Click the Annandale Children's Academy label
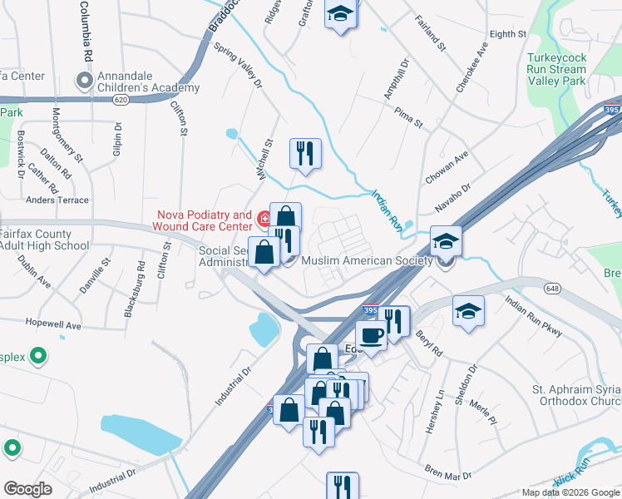point(149,82)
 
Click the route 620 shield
point(121,99)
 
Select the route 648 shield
point(551,288)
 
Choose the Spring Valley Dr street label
point(238,67)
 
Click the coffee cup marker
point(371,334)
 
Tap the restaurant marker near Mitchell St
point(305,153)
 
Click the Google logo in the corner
point(29,489)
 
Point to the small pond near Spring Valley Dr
point(231,133)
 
